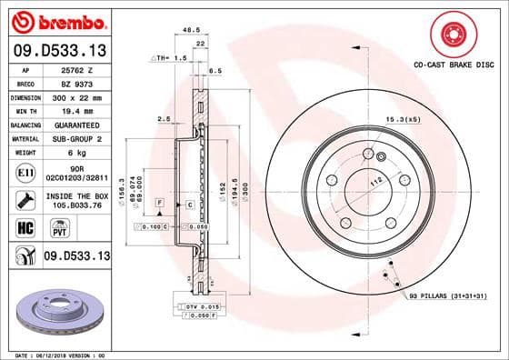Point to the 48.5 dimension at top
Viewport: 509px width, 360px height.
click(x=190, y=30)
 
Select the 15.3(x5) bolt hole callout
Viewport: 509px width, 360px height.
click(x=403, y=120)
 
